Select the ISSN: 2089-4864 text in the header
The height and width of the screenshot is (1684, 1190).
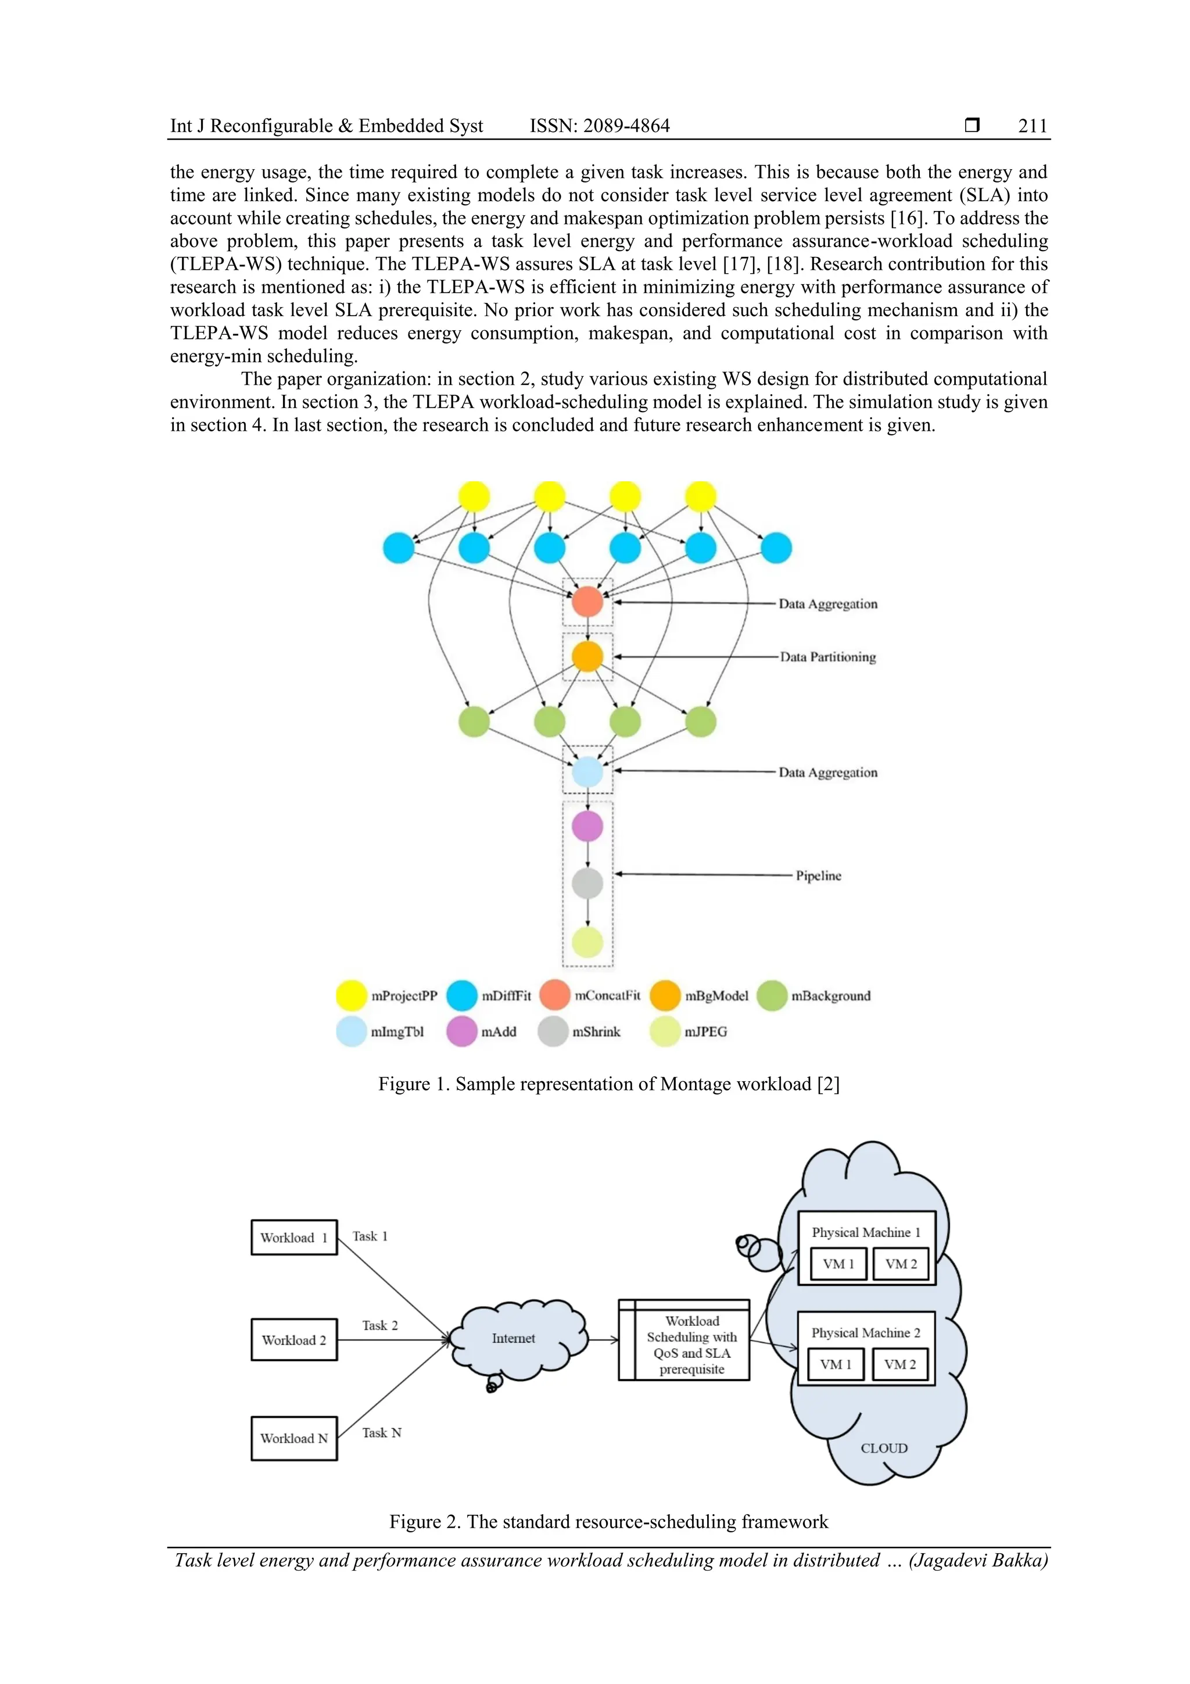click(599, 126)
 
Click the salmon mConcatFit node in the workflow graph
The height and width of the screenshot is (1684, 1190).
click(587, 602)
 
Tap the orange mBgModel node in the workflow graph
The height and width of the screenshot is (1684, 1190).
click(587, 656)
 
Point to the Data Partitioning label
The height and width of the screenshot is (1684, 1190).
click(828, 657)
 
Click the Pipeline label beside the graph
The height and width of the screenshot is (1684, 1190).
click(818, 876)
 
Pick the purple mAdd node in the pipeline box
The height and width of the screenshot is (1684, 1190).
click(587, 827)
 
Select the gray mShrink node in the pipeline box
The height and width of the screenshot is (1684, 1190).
click(587, 883)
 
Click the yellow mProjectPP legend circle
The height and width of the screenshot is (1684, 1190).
click(351, 995)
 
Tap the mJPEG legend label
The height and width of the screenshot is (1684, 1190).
click(705, 1032)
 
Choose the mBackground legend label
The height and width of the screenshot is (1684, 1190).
click(831, 996)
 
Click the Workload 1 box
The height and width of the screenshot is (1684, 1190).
click(294, 1238)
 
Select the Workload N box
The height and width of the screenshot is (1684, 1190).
click(294, 1439)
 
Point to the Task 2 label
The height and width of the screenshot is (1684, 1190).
click(380, 1326)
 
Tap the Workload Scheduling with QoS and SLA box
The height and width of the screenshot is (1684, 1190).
click(684, 1345)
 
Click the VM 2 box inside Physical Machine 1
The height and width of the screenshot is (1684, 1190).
click(901, 1264)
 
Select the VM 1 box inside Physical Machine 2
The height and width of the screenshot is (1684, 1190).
click(836, 1365)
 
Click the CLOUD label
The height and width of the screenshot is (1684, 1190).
click(884, 1449)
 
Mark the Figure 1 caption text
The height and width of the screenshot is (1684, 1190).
click(608, 1084)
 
